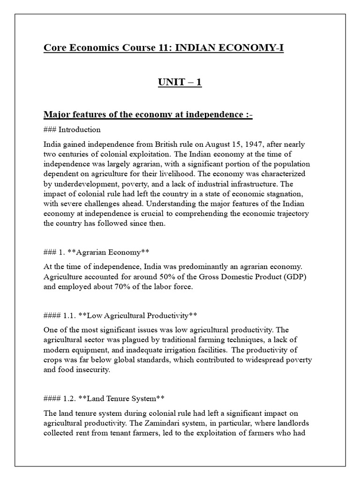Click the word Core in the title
pyautogui.click(x=53, y=48)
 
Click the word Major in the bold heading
pyautogui.click(x=56, y=115)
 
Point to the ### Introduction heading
pyautogui.click(x=72, y=129)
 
